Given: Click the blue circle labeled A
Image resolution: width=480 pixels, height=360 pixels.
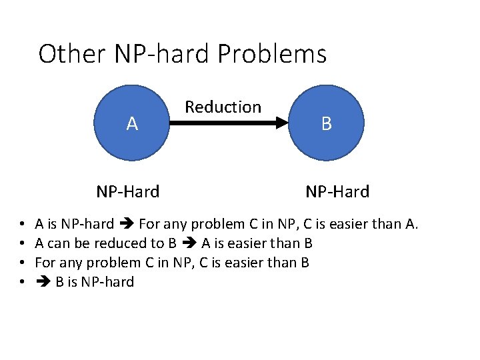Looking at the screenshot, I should pos(132,123).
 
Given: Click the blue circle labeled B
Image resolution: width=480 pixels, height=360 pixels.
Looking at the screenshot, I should pos(326,123).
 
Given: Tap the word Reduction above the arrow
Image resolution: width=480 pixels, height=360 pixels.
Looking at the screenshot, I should pos(223,107).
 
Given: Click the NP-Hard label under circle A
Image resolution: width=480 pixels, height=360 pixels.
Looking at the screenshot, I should pos(128,192).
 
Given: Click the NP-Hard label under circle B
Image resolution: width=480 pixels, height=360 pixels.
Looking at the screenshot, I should pos(337,192).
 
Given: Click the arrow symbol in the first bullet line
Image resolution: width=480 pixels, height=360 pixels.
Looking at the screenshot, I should pos(127,224).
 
